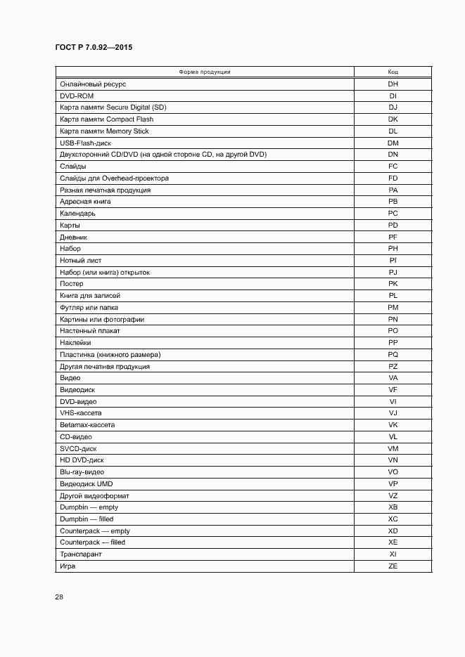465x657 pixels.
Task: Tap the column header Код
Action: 393,72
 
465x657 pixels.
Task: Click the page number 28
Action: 59,597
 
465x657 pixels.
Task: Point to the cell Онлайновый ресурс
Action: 93,84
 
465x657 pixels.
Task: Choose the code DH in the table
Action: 393,84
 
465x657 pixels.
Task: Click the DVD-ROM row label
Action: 77,96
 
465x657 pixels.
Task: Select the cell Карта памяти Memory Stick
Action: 104,131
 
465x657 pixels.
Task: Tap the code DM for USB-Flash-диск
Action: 393,143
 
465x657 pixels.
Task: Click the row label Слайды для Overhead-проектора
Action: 114,178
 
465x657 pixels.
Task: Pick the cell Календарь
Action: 77,213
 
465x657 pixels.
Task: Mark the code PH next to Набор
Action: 393,249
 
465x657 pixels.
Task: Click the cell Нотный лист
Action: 80,261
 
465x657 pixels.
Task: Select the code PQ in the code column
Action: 393,355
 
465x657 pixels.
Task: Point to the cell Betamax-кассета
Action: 87,425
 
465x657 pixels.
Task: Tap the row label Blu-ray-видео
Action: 82,472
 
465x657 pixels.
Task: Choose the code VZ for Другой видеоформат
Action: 393,496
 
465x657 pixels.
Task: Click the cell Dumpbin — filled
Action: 87,519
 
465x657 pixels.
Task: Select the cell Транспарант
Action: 81,554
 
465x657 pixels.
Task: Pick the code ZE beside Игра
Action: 393,566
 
